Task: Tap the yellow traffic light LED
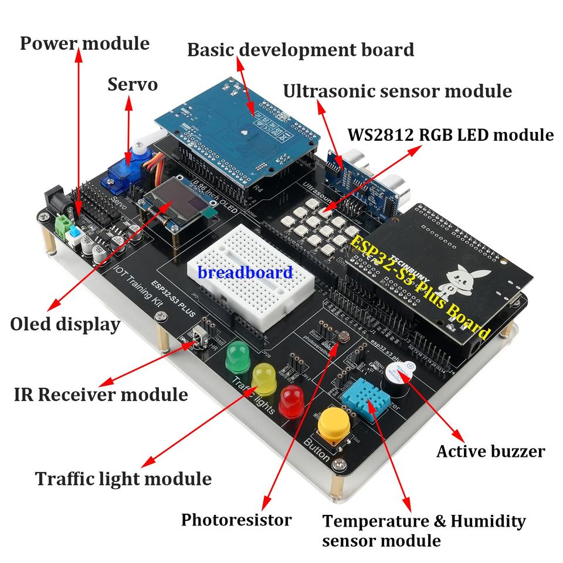point(263,378)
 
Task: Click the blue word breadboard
point(245,272)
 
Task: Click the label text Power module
point(84,43)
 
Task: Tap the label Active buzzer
point(490,451)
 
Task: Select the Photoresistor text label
point(236,520)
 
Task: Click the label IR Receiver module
point(101,394)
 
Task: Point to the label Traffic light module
point(123,479)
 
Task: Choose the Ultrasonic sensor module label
point(397,91)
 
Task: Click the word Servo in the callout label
point(133,84)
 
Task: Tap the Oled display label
point(65,324)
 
